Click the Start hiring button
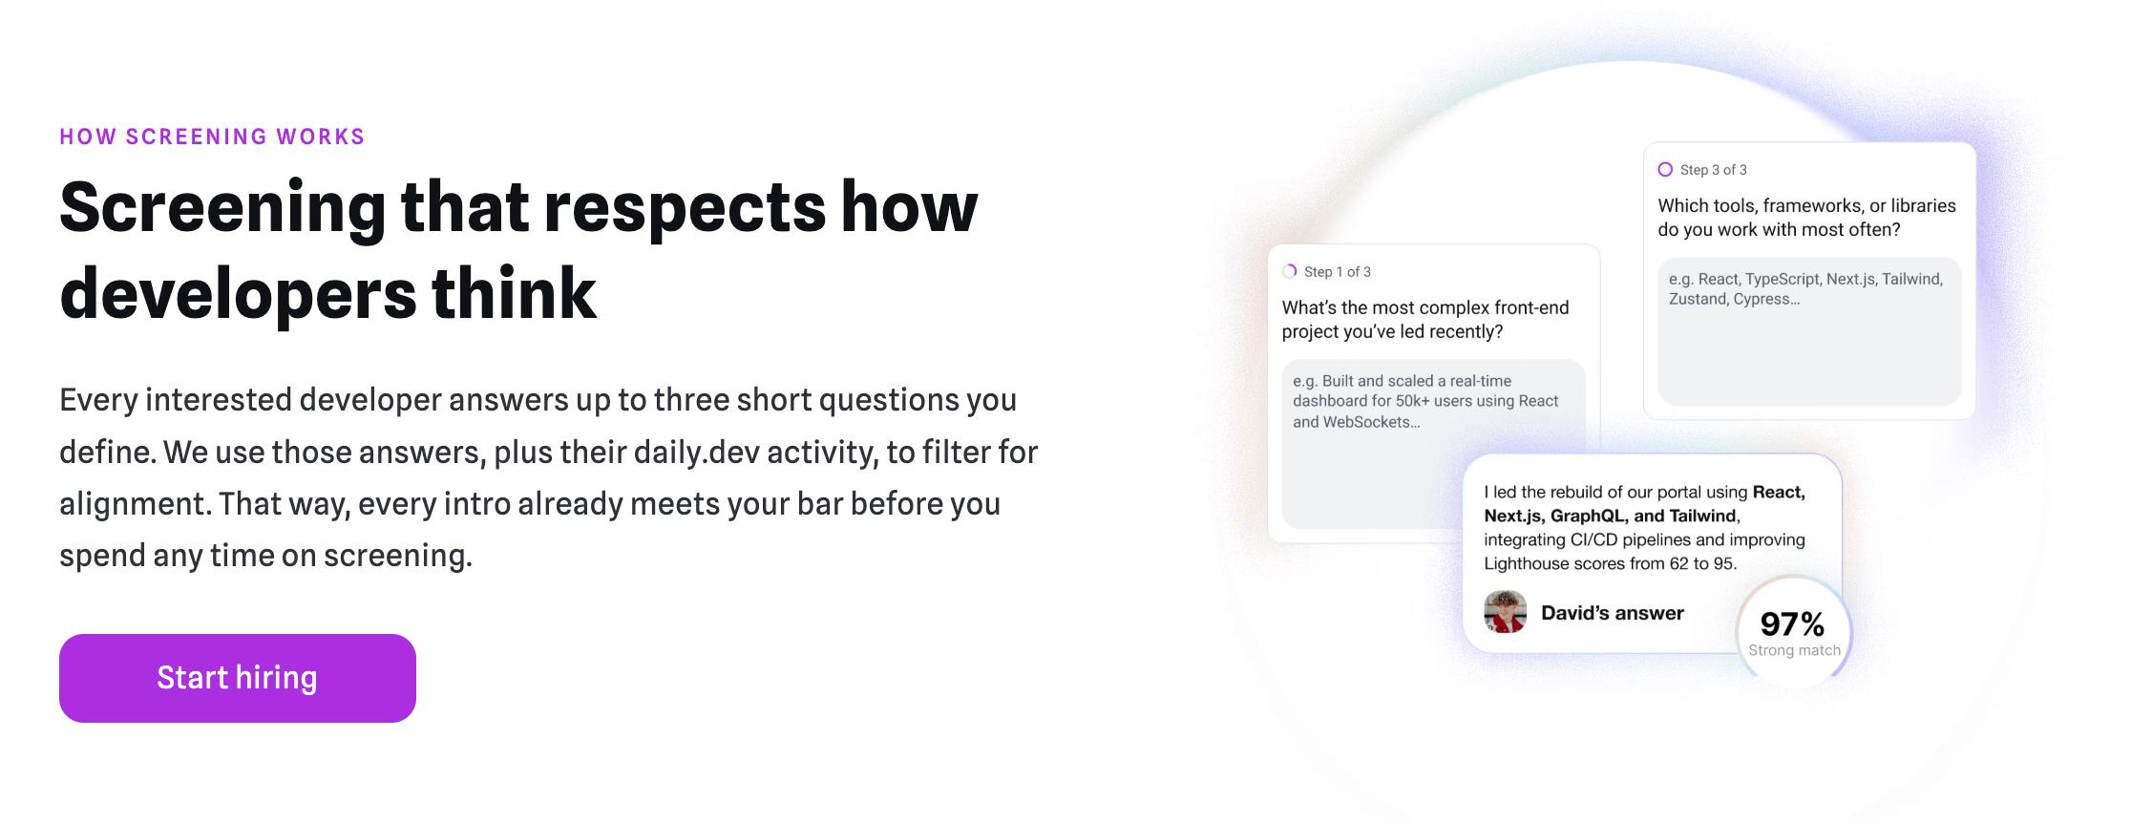[237, 678]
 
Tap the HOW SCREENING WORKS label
[212, 137]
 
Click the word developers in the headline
[238, 295]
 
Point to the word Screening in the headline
[222, 208]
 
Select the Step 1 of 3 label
[1337, 272]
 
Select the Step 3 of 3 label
[1713, 170]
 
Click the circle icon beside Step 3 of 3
[1665, 169]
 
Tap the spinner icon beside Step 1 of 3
[1289, 271]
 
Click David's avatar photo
[1505, 612]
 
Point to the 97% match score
[1792, 624]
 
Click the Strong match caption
[1794, 651]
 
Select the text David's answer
[1613, 613]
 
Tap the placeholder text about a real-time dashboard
[1425, 401]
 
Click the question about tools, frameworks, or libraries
[1806, 218]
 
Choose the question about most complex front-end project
[1424, 320]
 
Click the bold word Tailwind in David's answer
[1702, 517]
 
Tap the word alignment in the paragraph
[134, 504]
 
